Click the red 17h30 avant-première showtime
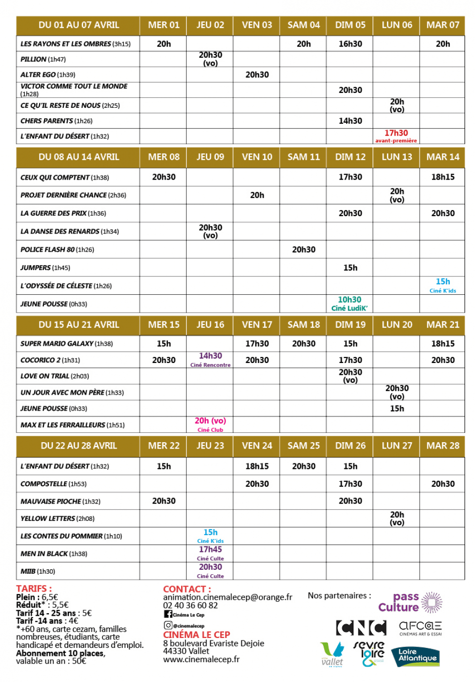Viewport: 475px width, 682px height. [x=396, y=136]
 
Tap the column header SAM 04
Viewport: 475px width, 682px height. [x=303, y=25]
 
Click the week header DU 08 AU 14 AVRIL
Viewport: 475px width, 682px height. [x=79, y=157]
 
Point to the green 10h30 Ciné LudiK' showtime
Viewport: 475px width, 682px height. [x=349, y=303]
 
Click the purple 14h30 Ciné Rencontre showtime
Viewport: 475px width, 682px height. [x=210, y=359]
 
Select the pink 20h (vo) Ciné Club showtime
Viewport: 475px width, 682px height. [x=210, y=424]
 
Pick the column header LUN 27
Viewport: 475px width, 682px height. [x=396, y=446]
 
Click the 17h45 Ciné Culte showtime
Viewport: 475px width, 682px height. [x=210, y=552]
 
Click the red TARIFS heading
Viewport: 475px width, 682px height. [x=34, y=589]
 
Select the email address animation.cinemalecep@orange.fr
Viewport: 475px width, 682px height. [x=228, y=597]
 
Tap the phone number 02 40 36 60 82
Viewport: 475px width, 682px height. [x=190, y=605]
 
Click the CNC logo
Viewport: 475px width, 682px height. [x=361, y=628]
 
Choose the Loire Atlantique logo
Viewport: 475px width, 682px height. [x=416, y=657]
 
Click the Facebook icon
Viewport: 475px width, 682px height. [x=168, y=614]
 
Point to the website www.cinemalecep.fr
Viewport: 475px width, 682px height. [x=201, y=659]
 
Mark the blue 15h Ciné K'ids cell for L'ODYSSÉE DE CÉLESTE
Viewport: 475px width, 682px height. [x=443, y=285]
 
